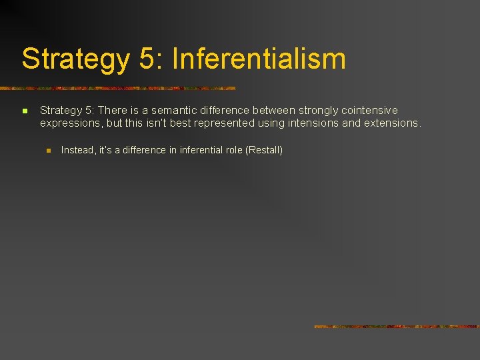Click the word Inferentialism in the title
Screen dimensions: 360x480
(x=259, y=59)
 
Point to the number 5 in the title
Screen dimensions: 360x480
(x=147, y=59)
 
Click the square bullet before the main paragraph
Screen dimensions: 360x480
(x=24, y=111)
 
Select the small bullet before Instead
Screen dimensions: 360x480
(x=48, y=151)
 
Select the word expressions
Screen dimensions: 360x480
(x=67, y=123)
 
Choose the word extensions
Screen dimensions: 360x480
(x=391, y=123)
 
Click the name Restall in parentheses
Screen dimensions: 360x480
(x=265, y=150)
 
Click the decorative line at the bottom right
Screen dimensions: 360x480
(x=397, y=327)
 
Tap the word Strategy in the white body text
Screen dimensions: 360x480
(x=59, y=110)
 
